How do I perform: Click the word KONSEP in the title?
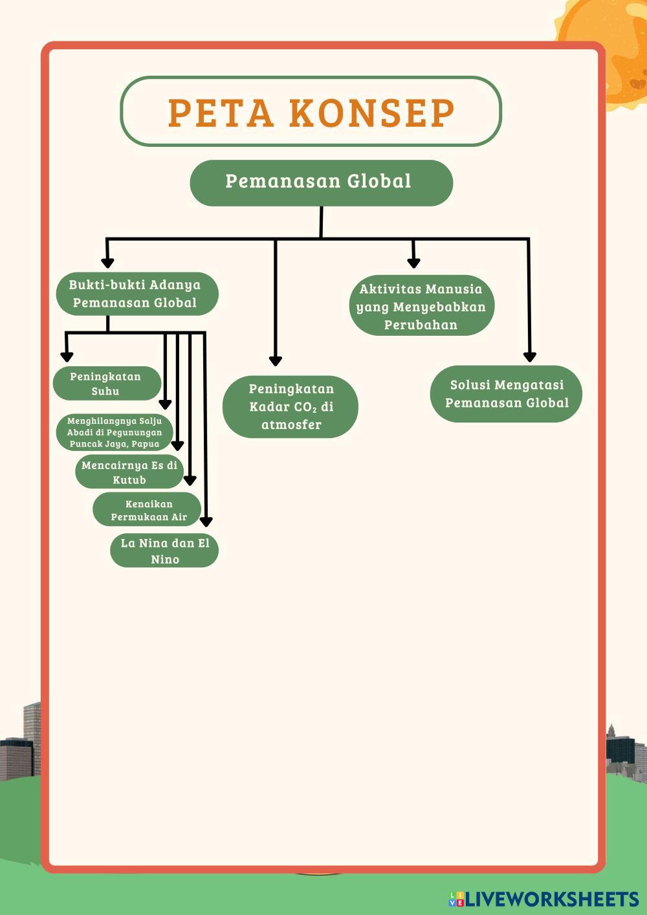(x=372, y=113)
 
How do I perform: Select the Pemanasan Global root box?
(x=321, y=182)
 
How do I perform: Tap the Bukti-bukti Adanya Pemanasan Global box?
(x=135, y=294)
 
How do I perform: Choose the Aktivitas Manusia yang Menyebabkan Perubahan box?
(x=421, y=307)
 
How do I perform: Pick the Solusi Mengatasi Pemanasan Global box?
(x=507, y=393)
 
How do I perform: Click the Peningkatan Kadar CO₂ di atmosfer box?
(x=291, y=406)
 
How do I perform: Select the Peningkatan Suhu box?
(x=106, y=383)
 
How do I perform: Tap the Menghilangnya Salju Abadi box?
(x=115, y=432)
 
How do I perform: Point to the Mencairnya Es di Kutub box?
(x=129, y=472)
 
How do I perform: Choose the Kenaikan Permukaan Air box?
(x=148, y=510)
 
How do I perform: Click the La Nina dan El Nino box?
(x=164, y=551)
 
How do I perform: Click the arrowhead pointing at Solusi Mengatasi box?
(x=529, y=357)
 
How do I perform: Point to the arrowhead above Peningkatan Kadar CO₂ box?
(x=276, y=360)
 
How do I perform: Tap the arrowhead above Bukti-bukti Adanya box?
(x=108, y=263)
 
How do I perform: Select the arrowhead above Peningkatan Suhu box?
(x=67, y=357)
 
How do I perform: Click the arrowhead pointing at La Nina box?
(x=206, y=521)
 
